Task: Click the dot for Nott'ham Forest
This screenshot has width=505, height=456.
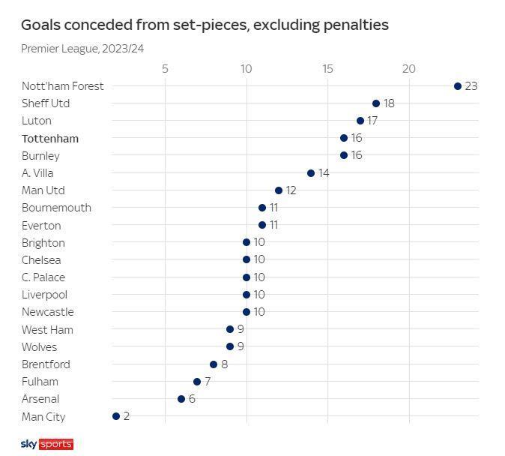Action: coord(458,86)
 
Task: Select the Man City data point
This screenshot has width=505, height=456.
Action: coord(116,416)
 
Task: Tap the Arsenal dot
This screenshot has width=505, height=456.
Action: coord(181,399)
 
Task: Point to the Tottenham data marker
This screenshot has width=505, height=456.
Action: coord(344,138)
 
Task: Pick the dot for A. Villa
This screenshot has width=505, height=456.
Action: coord(311,173)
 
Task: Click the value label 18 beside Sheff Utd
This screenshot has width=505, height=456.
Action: coord(389,103)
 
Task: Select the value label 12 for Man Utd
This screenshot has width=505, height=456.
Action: coord(291,190)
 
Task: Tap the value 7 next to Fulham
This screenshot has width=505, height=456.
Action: coord(208,382)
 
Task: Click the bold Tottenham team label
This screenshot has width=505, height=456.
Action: coord(50,139)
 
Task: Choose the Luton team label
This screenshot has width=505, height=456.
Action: coord(37,121)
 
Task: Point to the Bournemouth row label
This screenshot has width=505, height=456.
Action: coord(56,208)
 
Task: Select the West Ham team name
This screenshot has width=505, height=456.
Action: coord(47,330)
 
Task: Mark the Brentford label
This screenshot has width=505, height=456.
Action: coord(46,364)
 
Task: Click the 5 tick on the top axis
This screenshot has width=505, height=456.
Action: coord(165,69)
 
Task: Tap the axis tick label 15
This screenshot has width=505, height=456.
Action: coord(327,69)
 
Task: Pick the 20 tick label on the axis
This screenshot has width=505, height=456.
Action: coord(409,69)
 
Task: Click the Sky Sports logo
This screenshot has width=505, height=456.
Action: coord(46,444)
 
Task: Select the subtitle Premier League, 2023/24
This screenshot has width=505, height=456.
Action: coord(82,49)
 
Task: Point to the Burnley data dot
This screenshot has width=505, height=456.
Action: coord(344,155)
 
